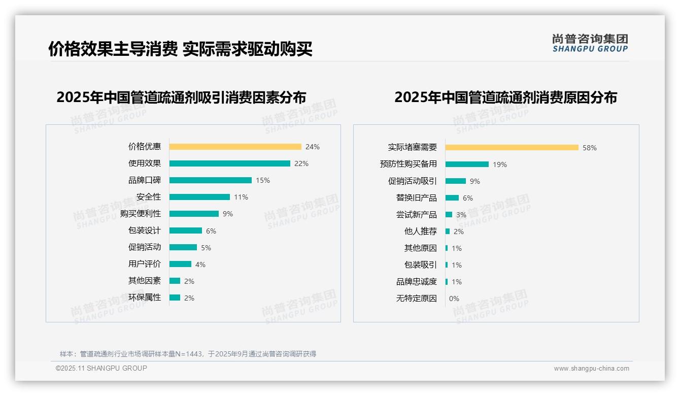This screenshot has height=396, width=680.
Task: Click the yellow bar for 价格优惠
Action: tap(235, 147)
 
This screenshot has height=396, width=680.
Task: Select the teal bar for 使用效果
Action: tap(229, 163)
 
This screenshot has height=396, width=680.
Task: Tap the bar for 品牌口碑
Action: tap(210, 180)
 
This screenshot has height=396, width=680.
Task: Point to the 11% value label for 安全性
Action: tap(241, 197)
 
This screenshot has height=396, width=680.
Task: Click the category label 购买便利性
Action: tap(141, 214)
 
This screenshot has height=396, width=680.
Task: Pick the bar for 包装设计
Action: tap(185, 230)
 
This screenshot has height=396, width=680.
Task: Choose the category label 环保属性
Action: tap(145, 298)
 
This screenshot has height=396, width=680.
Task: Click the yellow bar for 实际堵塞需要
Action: tap(512, 148)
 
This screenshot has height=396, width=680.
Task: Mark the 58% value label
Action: tap(590, 148)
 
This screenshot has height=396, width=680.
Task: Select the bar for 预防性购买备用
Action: tap(467, 164)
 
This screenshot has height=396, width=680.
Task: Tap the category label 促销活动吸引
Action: tap(413, 181)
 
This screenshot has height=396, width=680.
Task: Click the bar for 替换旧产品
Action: tap(452, 198)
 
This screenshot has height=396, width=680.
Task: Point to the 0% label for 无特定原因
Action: tap(454, 299)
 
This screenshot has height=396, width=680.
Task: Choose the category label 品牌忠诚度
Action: tap(417, 282)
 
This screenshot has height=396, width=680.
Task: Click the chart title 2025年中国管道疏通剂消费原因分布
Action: tap(505, 97)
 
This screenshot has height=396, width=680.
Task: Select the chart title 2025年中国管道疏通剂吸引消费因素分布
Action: tap(181, 97)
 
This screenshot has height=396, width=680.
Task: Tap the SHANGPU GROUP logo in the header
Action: tap(590, 43)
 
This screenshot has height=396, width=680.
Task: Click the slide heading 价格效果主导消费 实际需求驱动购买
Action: tap(180, 49)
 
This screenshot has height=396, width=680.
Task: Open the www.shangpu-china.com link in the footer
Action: tap(591, 369)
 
